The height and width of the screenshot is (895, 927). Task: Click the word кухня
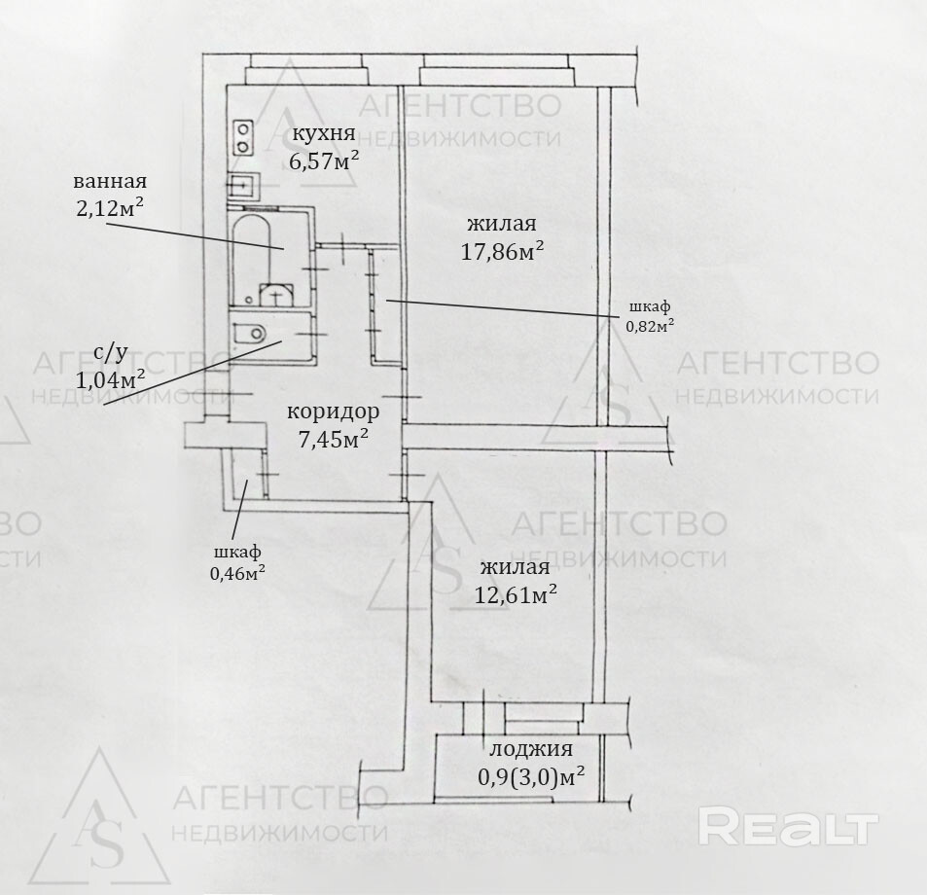click(323, 134)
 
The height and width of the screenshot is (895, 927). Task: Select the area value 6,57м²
click(324, 161)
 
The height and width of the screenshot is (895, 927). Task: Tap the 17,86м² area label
click(501, 252)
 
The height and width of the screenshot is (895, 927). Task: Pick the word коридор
click(333, 412)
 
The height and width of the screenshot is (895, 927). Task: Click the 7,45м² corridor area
click(334, 439)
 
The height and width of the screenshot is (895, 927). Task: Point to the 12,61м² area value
click(515, 594)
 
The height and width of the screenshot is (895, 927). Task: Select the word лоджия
click(530, 749)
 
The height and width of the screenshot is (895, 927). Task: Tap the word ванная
click(110, 182)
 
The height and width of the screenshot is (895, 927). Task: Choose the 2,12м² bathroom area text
click(110, 207)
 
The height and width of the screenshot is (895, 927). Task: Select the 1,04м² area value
click(110, 379)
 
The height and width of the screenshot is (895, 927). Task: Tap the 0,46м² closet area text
click(237, 573)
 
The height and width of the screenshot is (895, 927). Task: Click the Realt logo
click(788, 828)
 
